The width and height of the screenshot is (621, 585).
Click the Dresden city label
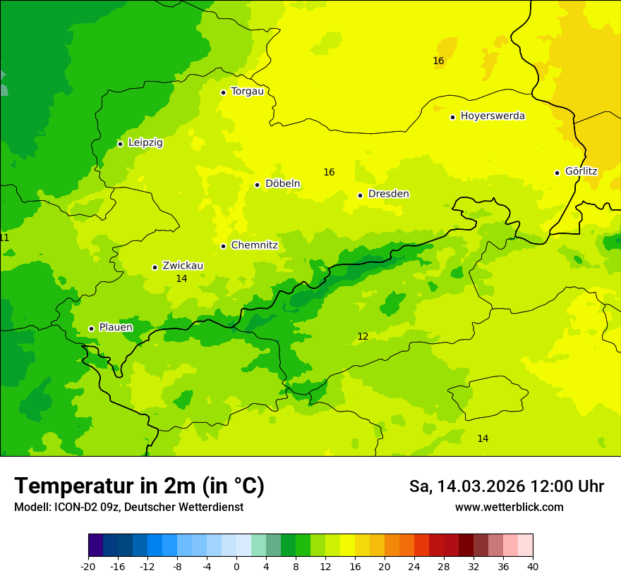pyautogui.click(x=388, y=194)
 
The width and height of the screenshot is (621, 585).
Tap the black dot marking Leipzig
pyautogui.click(x=120, y=144)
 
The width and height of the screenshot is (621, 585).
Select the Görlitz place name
pyautogui.click(x=581, y=171)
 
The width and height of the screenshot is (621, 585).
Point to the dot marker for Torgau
pyautogui.click(x=223, y=92)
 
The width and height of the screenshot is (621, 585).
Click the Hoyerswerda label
pyautogui.click(x=493, y=116)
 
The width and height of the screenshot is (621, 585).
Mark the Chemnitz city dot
pyautogui.click(x=223, y=247)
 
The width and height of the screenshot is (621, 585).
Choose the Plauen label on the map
pyautogui.click(x=116, y=328)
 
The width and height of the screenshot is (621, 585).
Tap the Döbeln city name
pyautogui.click(x=282, y=184)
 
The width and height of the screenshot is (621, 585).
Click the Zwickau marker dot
pyautogui.click(x=155, y=267)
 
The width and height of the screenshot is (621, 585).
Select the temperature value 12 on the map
pyautogui.click(x=363, y=337)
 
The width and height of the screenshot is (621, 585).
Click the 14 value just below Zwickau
pyautogui.click(x=181, y=279)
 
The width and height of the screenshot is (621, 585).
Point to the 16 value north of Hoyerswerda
pyautogui.click(x=438, y=61)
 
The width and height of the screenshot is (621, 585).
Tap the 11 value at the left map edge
pyautogui.click(x=4, y=238)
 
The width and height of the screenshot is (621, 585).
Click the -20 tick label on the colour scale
pyautogui.click(x=88, y=567)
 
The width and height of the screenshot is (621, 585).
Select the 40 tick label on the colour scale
pyautogui.click(x=533, y=567)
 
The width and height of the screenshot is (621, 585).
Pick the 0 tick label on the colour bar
pyautogui.click(x=236, y=567)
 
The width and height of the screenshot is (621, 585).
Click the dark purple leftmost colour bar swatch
pyautogui.click(x=95, y=546)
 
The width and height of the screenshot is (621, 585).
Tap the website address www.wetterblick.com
pyautogui.click(x=509, y=507)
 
